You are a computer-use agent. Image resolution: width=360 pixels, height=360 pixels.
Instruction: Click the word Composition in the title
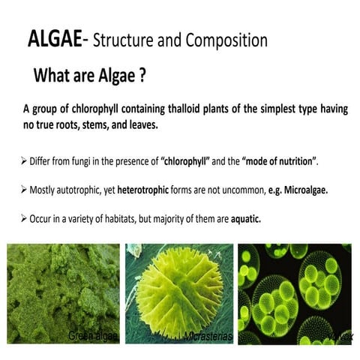pos(225,38)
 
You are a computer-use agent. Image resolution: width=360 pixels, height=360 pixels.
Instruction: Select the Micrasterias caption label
pos(208,337)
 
